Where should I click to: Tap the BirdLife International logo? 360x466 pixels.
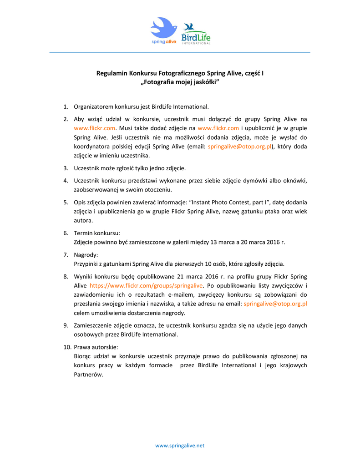tap(196, 34)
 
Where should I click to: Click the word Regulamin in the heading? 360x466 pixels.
tap(112, 73)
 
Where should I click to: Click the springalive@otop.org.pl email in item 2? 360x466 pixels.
tap(239, 147)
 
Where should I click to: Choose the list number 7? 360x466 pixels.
tap(66, 255)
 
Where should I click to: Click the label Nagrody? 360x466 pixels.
tap(86, 255)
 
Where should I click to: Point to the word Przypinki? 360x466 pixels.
tap(86, 264)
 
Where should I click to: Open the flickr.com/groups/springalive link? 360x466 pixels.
tap(146, 286)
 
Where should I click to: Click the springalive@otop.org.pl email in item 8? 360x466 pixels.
tap(275, 304)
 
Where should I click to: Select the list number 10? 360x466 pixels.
tap(67, 347)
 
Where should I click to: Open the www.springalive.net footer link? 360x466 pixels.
tap(180, 446)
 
